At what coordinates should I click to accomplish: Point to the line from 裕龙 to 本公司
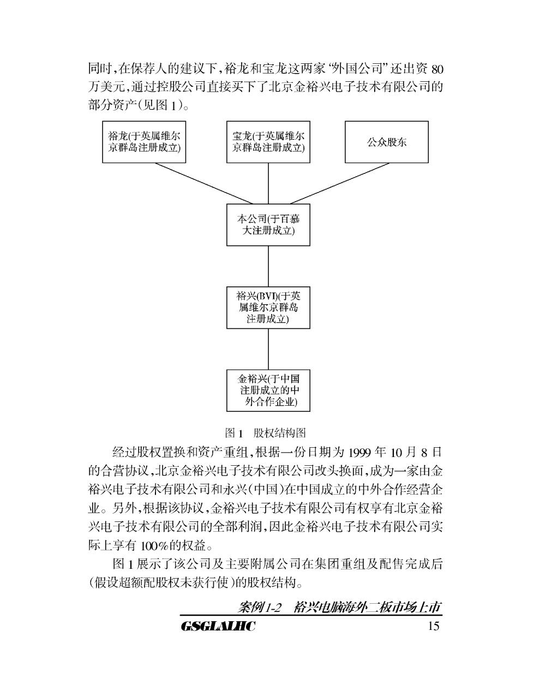pos(204,183)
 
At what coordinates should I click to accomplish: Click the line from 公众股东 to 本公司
pos(340,183)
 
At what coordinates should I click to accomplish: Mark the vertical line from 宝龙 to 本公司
pos(268,183)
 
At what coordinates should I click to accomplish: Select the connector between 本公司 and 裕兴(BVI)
pos(268,266)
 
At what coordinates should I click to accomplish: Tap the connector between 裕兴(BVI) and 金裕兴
pos(268,349)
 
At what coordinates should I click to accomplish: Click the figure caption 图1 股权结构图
pos(266,433)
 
